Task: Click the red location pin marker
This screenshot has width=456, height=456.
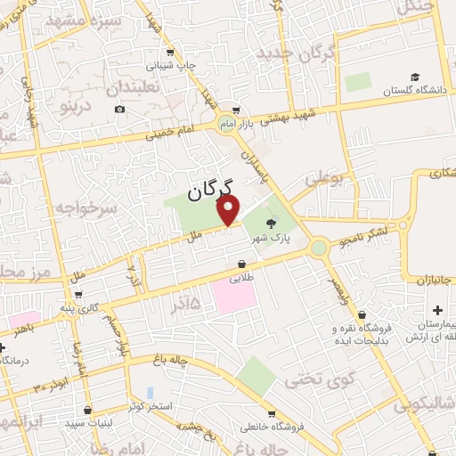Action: (x=230, y=211)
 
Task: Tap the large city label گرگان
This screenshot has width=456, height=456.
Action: (x=210, y=188)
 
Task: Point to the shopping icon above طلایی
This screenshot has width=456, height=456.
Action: (x=242, y=265)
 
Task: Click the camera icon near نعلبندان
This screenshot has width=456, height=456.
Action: (x=119, y=110)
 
